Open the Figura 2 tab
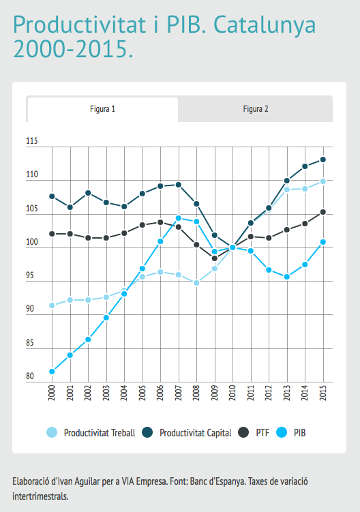point(256,109)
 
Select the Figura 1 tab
point(102,109)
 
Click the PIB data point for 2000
point(52,372)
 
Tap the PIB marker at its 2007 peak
point(179,218)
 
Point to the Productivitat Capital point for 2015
point(322,160)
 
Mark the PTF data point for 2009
point(215,258)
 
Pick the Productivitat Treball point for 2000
point(52,305)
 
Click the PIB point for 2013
point(287,277)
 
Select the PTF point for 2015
point(322,212)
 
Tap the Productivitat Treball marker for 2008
point(196,283)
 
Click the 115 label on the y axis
point(32,141)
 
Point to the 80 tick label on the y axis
point(30,376)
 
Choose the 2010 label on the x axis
point(232,393)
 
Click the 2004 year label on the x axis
point(124,393)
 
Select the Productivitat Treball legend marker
point(52,432)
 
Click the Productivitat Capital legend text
point(196,433)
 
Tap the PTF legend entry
point(254,433)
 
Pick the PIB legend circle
point(282,432)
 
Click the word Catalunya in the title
point(265,25)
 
